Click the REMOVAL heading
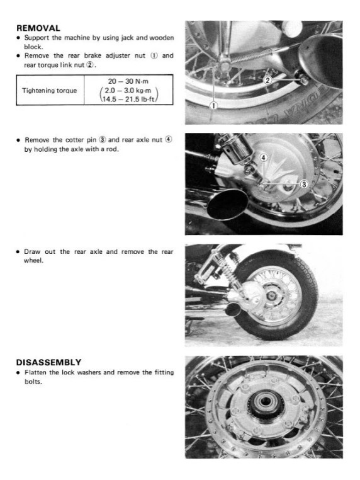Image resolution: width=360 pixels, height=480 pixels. [38, 28]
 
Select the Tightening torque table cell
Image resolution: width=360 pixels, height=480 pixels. [49, 90]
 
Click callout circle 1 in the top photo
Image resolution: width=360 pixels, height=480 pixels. [213, 105]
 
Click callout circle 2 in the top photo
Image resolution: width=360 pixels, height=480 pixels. [267, 80]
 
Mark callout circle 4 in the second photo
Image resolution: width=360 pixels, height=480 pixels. [264, 157]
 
